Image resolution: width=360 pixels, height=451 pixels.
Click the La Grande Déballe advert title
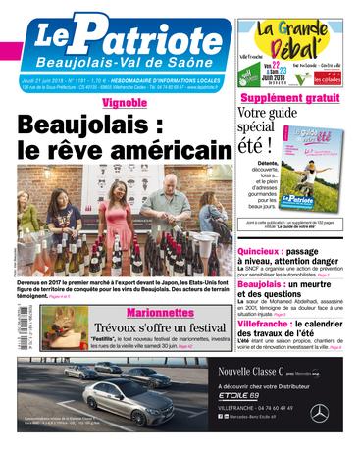coord(293,40)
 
